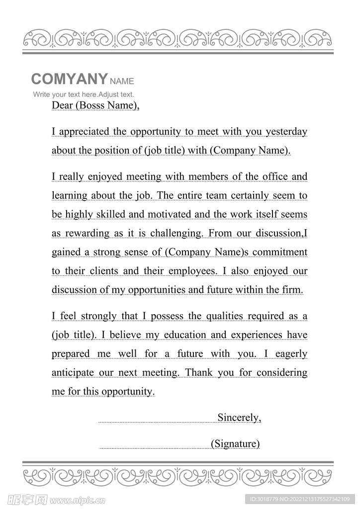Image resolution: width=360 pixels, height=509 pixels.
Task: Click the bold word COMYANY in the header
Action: (x=69, y=79)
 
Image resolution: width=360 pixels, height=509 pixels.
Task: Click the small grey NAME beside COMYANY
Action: (x=122, y=81)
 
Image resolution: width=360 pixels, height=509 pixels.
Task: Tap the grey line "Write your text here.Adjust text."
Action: (x=84, y=94)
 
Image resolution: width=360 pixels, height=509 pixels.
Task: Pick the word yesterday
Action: (x=286, y=132)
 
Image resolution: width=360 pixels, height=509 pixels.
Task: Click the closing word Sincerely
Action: (x=239, y=418)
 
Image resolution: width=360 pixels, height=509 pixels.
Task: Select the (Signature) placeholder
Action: (x=235, y=443)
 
